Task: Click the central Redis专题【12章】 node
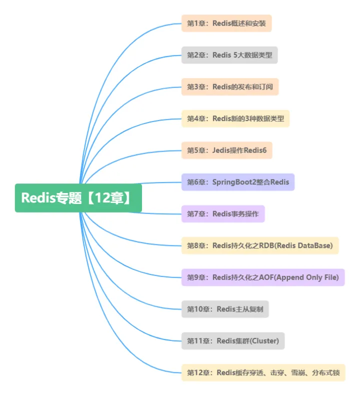click(78, 198)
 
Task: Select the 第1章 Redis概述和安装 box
click(226, 23)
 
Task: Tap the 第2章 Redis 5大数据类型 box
click(229, 55)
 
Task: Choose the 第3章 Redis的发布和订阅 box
click(230, 86)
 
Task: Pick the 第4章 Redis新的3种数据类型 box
click(235, 118)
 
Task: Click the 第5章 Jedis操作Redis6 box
click(226, 150)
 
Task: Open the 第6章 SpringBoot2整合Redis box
click(238, 182)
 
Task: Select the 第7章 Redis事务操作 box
click(223, 214)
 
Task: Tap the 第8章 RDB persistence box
click(260, 245)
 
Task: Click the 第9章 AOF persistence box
click(263, 277)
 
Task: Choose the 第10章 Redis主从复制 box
click(225, 309)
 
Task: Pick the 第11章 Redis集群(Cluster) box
click(233, 341)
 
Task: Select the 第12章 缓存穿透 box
click(263, 372)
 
